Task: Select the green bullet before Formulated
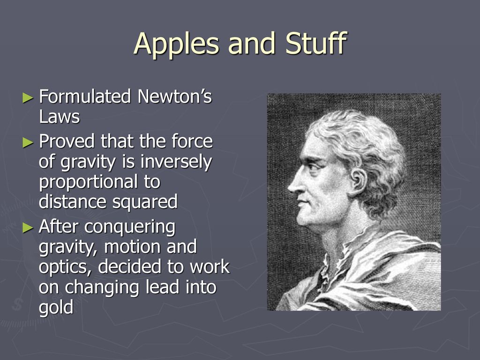[28, 98]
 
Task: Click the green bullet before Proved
[28, 142]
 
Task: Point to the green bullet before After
[28, 227]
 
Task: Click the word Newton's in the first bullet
[174, 97]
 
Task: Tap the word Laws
[60, 117]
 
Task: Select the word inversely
[176, 162]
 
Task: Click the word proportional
[89, 183]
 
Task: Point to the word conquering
[130, 227]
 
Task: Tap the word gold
[56, 307]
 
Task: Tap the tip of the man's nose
[289, 188]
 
